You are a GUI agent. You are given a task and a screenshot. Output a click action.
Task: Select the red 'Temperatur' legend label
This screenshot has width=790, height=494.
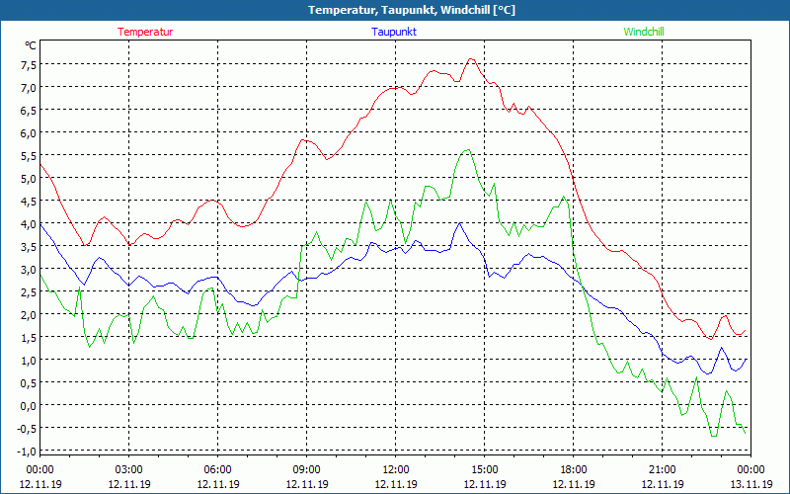coord(145,32)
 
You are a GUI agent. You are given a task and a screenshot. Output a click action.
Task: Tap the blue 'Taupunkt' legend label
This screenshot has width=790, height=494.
coord(394,32)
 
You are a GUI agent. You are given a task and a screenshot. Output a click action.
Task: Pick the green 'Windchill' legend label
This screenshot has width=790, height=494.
coord(644,32)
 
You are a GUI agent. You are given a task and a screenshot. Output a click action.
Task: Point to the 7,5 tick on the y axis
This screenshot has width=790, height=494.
coord(27,65)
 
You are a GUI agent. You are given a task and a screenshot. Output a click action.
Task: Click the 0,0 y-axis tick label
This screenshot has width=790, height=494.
coord(27,405)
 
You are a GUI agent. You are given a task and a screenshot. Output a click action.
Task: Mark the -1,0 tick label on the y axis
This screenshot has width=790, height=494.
coord(25,451)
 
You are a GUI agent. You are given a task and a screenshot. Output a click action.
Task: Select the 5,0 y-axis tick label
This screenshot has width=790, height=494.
coord(27,179)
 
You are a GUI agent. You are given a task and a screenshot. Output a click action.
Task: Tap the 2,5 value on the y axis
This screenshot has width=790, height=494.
coord(27,292)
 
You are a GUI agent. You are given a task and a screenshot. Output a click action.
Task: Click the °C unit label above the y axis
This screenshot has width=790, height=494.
coord(31,45)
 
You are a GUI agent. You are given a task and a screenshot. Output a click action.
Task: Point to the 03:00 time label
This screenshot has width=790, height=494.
coord(129,469)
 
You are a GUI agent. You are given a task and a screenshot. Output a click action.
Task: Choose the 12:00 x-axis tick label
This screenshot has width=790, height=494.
coord(396,469)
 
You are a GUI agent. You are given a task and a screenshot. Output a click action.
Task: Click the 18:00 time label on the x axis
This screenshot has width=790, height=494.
coord(574,469)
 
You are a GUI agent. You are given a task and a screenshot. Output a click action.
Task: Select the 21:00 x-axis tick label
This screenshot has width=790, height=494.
coord(663,469)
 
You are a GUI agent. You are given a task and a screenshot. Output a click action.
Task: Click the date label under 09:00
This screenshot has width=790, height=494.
coord(307,484)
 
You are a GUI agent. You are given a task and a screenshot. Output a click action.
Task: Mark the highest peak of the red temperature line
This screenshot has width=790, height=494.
coord(471,58)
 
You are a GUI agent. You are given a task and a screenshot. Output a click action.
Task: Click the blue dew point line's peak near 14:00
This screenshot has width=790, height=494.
coord(459,223)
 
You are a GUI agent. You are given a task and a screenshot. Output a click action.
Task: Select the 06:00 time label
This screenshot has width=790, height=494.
coord(218,469)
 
